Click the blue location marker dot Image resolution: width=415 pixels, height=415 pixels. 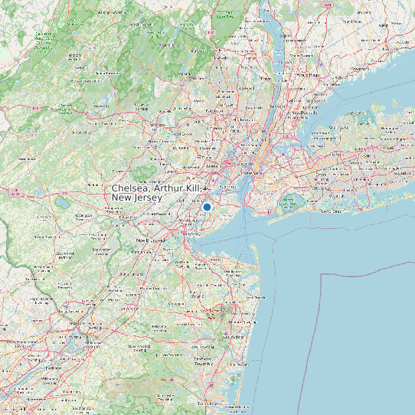207,207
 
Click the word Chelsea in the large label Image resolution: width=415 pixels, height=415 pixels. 131,188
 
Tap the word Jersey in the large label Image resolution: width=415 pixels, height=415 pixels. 148,198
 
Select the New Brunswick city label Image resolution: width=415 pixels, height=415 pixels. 151,240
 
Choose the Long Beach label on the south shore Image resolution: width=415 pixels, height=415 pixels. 332,211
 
